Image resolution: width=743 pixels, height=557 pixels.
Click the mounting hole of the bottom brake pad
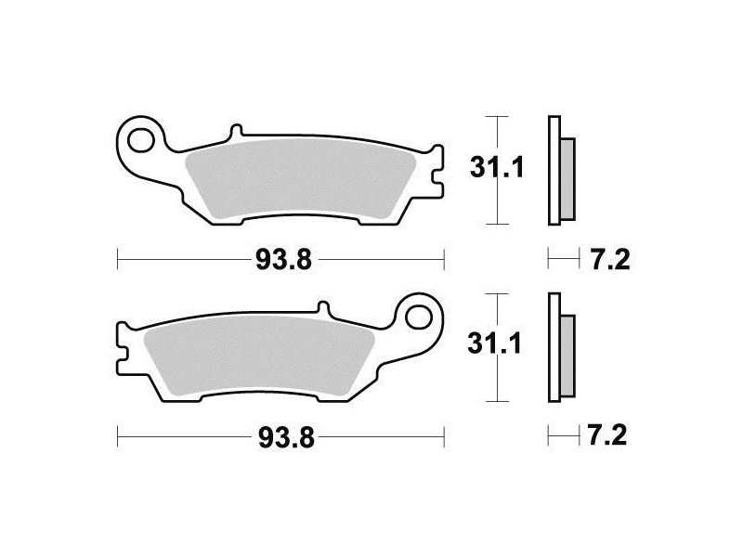(419, 317)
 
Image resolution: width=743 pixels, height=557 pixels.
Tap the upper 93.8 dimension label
(283, 260)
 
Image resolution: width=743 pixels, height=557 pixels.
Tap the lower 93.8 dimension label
(286, 438)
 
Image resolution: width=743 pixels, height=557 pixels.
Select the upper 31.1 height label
(497, 167)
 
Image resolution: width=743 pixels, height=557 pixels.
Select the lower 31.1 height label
(494, 343)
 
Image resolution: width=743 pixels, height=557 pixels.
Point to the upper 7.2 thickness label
(610, 260)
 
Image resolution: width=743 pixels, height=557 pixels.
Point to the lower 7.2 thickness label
(607, 435)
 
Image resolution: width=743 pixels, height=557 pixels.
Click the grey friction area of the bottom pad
(259, 356)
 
